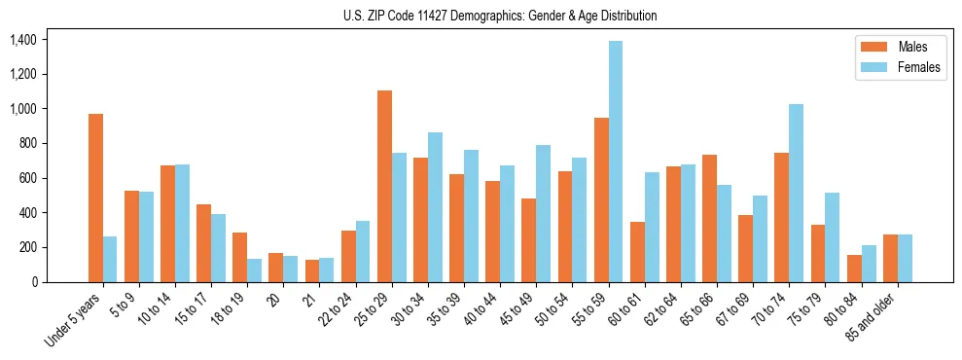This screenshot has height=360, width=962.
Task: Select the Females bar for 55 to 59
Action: click(616, 162)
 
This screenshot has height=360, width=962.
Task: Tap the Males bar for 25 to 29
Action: click(384, 186)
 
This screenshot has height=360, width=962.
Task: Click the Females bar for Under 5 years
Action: click(110, 259)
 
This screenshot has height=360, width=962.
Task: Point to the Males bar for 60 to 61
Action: click(637, 252)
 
